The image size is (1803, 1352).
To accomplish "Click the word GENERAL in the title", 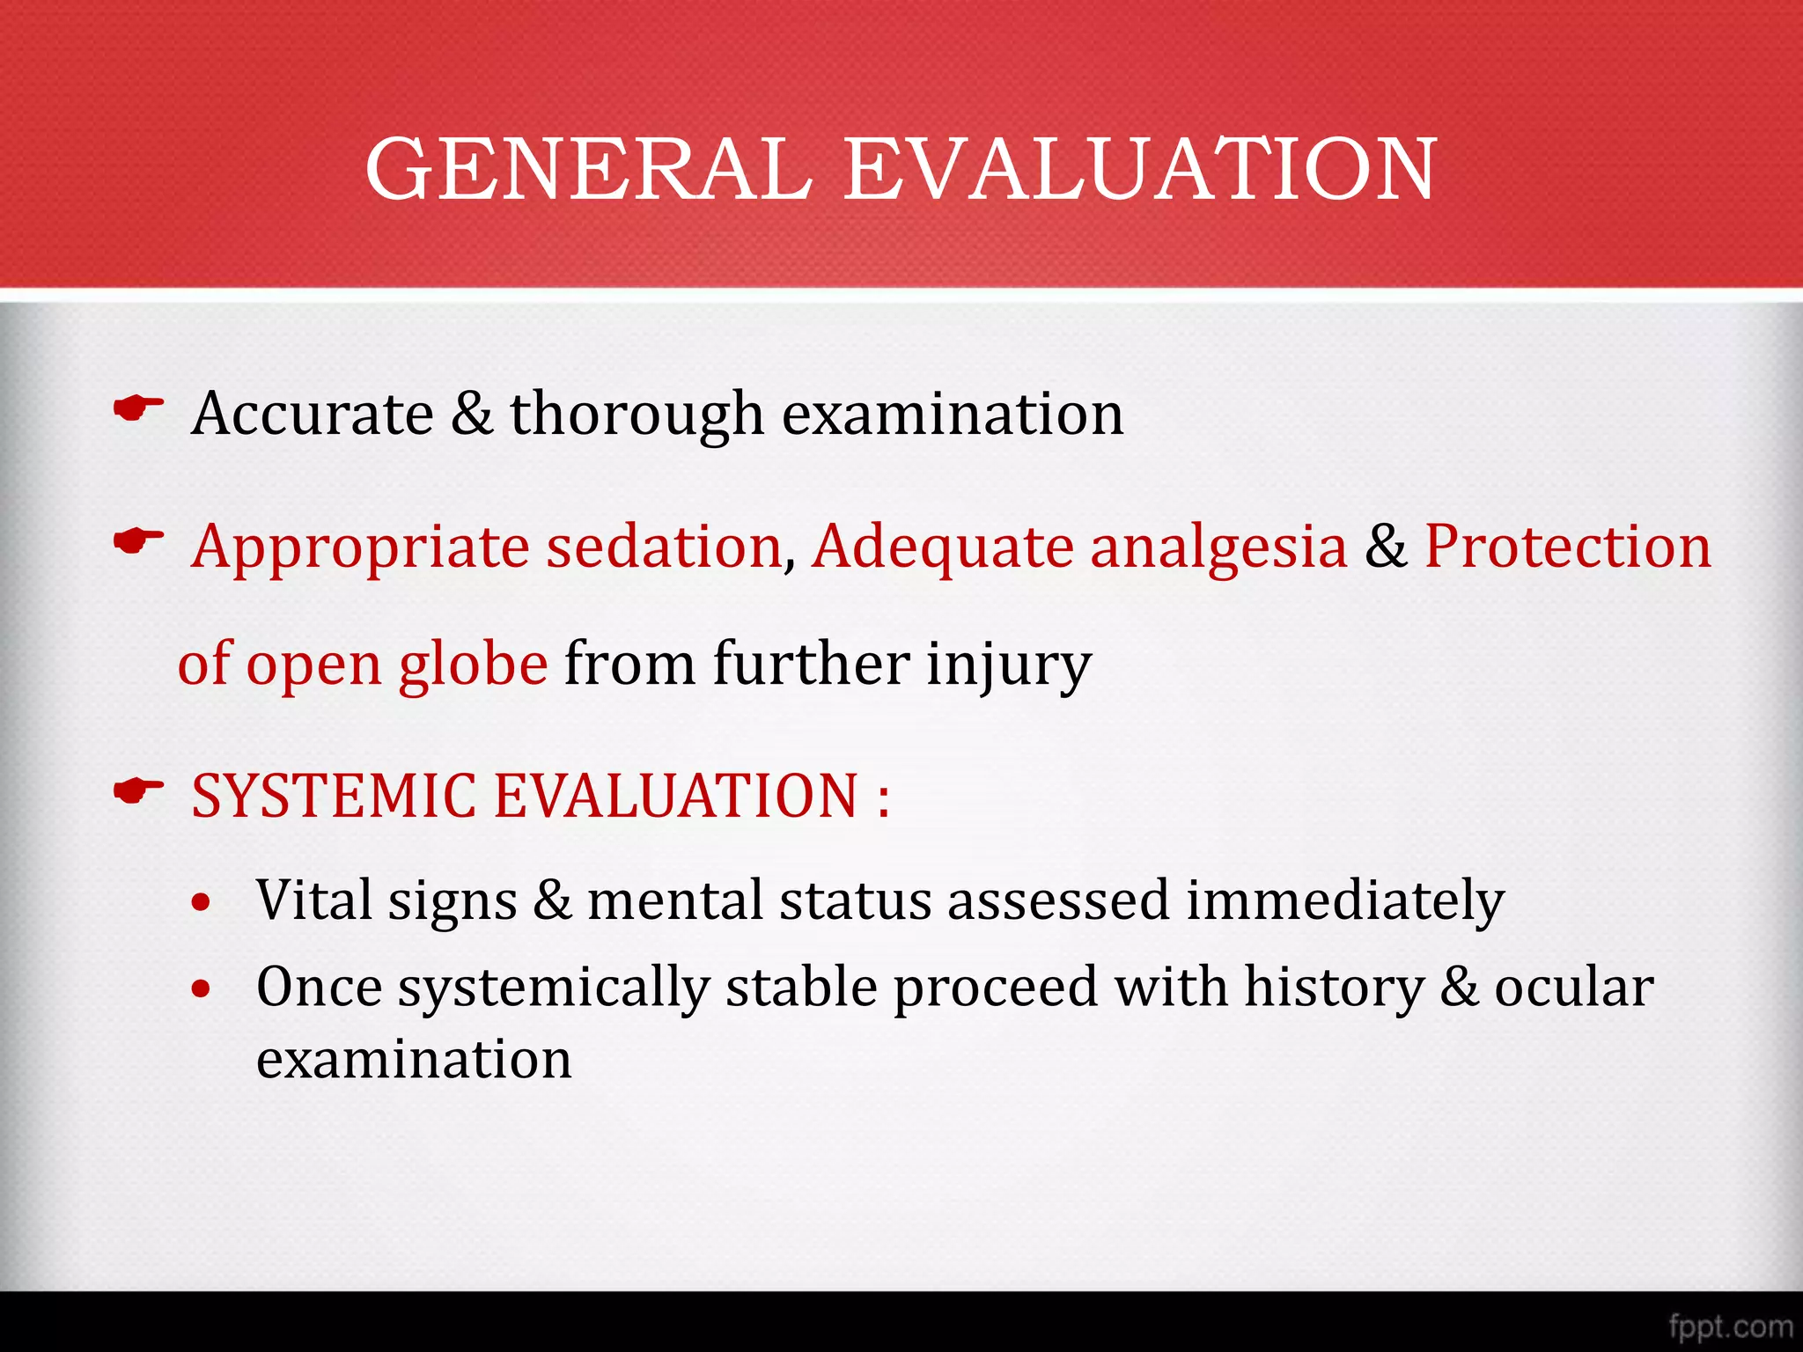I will point(588,169).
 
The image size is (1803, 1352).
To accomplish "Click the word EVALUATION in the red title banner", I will point(1140,169).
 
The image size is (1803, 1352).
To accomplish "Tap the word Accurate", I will point(313,414).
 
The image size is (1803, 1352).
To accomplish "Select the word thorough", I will point(637,414).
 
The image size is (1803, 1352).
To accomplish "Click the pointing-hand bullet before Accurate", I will point(139,408).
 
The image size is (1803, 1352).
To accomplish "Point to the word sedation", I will point(664,547).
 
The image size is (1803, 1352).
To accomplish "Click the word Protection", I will point(1568,547).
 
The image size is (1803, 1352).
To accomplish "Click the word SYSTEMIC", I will point(334,796).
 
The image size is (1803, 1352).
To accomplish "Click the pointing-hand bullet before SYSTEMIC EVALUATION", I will point(139,790).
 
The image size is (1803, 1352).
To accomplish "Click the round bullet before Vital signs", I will point(202,903).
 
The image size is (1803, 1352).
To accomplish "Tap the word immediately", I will point(1344,901).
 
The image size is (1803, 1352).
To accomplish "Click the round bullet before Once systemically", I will point(202,989).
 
